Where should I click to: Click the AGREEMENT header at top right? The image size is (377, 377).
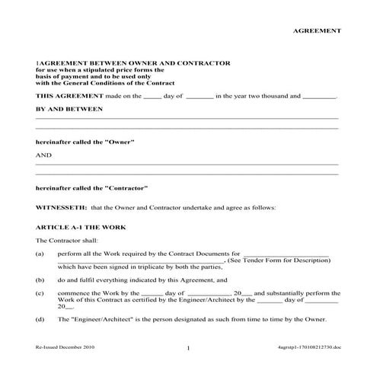[x=317, y=31]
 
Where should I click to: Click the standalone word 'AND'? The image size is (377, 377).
[x=43, y=155]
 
